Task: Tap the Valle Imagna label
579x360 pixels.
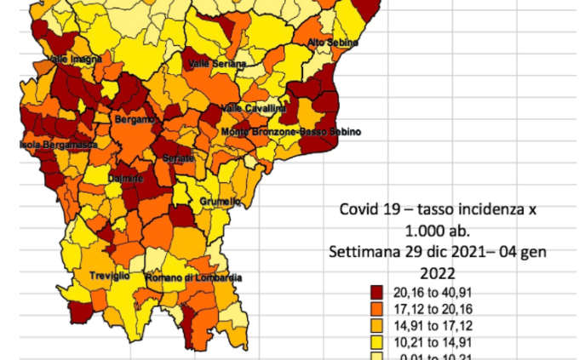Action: tap(75, 59)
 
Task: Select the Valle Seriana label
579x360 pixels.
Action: tap(217, 64)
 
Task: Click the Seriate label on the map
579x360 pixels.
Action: tap(179, 158)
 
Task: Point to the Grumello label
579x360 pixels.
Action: tap(220, 202)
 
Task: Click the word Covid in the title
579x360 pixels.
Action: tap(358, 209)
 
